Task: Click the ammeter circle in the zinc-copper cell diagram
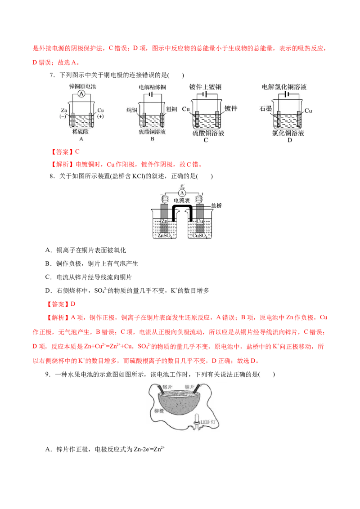point(81,94)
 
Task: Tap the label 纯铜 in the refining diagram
point(131,110)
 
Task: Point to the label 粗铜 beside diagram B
point(171,109)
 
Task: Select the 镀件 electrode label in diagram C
point(231,108)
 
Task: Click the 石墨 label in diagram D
point(266,108)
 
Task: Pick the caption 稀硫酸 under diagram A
point(81,131)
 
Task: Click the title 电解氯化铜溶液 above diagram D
point(284,87)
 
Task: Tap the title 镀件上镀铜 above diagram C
point(205,87)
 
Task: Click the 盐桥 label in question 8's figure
point(216,205)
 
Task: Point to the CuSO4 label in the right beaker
point(200,236)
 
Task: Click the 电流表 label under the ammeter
point(182,200)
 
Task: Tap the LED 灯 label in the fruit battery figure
point(207,422)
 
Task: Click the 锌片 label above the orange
point(167,387)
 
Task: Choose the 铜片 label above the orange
point(189,387)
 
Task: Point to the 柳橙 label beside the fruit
point(159,411)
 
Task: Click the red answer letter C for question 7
point(77,152)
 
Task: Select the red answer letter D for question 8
point(73,304)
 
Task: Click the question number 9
point(48,374)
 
